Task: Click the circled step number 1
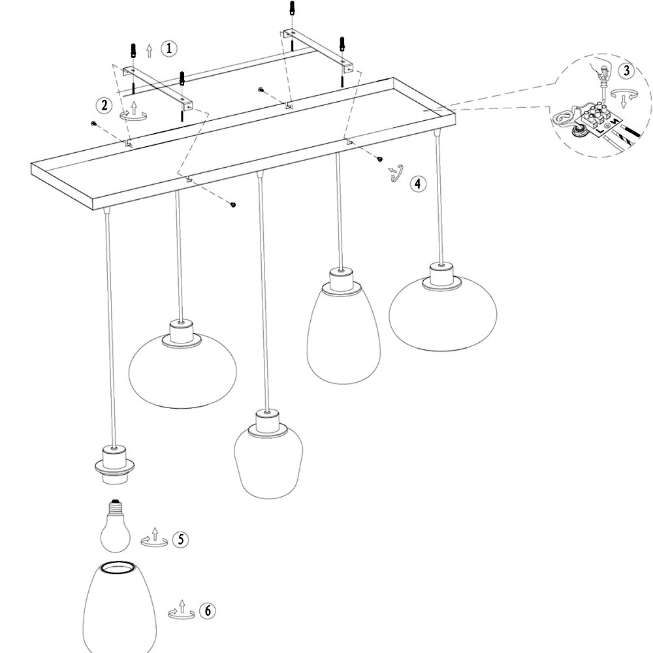point(168,49)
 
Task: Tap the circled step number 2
point(104,105)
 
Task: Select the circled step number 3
point(627,71)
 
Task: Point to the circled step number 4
point(418,183)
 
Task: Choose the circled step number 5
point(180,540)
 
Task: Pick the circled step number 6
point(208,611)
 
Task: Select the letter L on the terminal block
point(600,131)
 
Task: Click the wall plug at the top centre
point(292,7)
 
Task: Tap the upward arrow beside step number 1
point(150,51)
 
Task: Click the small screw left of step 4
point(379,159)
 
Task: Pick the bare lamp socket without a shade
point(113,465)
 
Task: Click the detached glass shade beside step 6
point(119,607)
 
